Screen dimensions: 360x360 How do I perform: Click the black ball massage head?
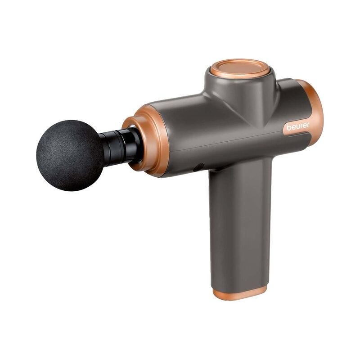pos(70,155)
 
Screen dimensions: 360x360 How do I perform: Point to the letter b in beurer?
pos(288,127)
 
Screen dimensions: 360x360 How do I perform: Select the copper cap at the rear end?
pos(311,110)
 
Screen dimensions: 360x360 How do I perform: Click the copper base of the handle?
pos(240,293)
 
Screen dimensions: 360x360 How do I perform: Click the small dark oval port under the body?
pos(198,167)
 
